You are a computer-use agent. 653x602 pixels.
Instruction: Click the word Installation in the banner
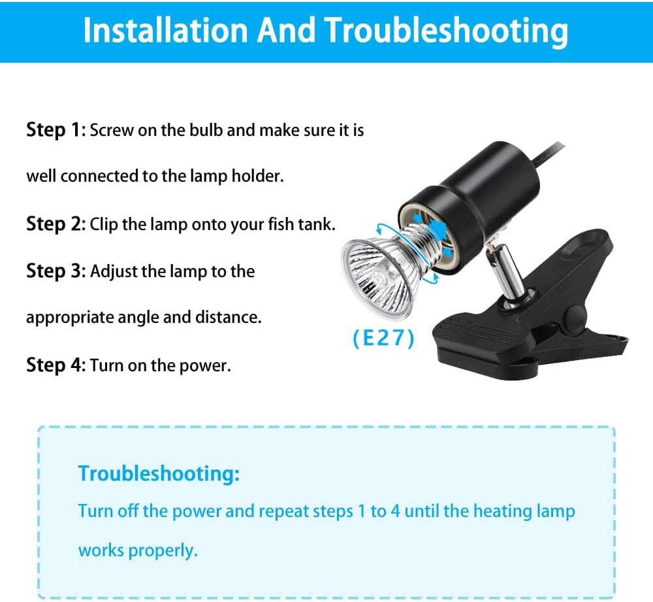[166, 30]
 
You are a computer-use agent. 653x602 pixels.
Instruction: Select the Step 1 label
[56, 129]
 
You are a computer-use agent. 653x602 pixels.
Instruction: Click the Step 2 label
[56, 224]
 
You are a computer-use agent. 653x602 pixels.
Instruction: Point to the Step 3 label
[56, 271]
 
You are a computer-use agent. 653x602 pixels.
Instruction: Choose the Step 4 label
[56, 365]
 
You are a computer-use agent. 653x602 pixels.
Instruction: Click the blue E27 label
[383, 338]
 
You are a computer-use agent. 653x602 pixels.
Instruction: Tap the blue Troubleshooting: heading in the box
[159, 474]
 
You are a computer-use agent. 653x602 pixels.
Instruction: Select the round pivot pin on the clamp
[574, 316]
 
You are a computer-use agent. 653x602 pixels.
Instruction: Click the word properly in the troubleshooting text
[163, 551]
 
